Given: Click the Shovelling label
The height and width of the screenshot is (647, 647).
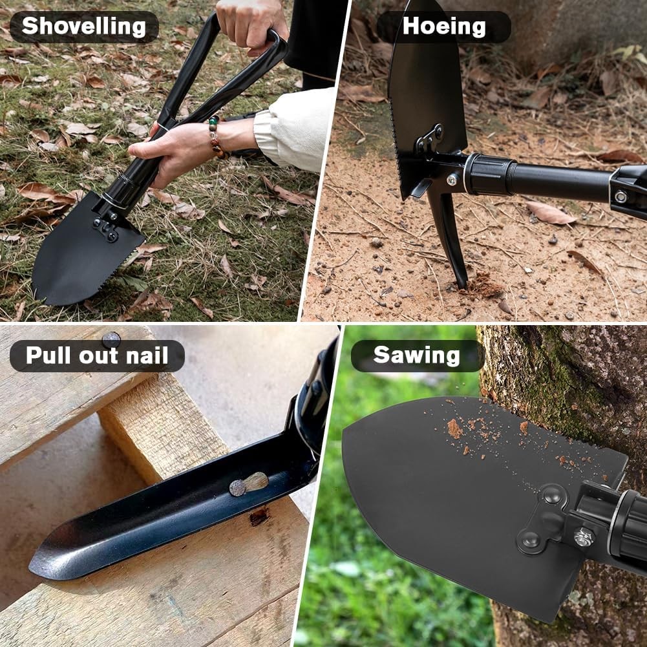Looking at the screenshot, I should tap(84, 27).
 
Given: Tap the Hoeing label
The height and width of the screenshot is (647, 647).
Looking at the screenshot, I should tap(444, 27).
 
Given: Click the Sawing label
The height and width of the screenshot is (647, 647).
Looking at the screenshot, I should tap(417, 355).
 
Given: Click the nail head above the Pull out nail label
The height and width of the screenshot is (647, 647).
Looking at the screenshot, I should tap(111, 338).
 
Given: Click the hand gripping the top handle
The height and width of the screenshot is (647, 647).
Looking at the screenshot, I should tap(249, 23).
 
